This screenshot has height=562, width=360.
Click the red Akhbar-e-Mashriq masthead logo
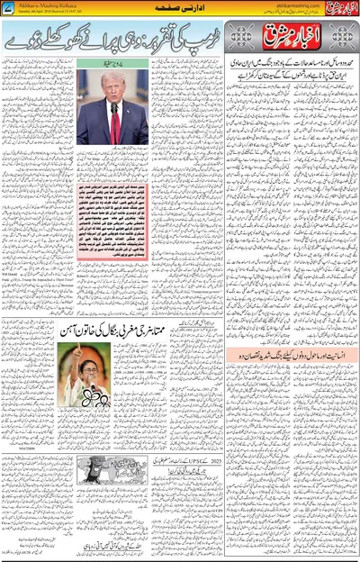[x=292, y=38]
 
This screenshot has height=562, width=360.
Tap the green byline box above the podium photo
[x=112, y=62]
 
